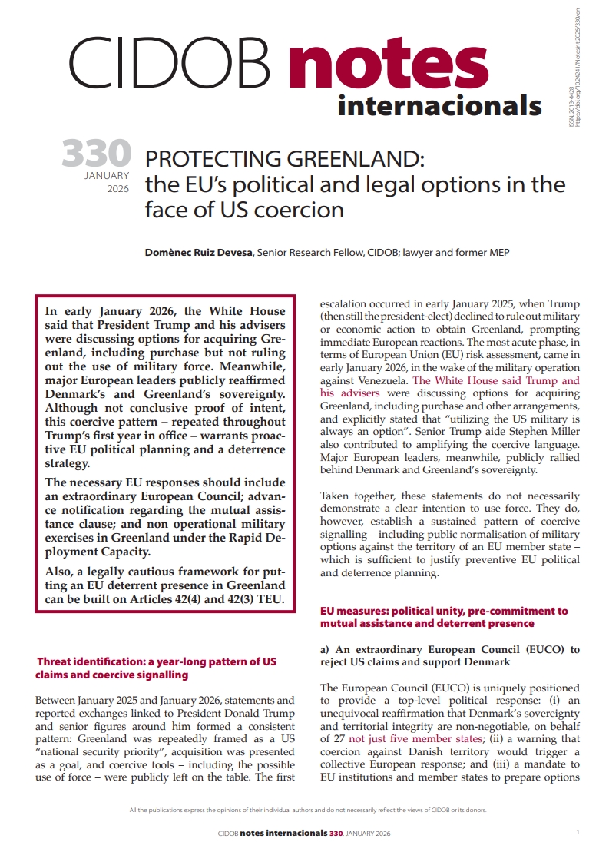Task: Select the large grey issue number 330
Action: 96,154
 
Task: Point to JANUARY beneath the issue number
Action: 108,176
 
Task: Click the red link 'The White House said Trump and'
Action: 450,380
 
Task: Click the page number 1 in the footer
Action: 577,832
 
